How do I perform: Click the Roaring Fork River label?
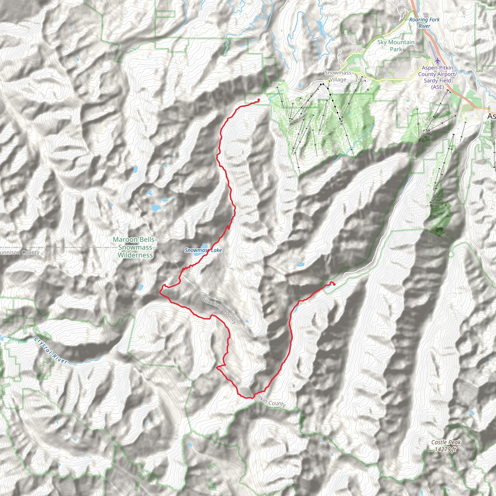coord(424,23)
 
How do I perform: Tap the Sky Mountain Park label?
coord(396,46)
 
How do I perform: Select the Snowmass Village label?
coord(338,76)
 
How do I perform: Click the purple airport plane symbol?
coord(437,61)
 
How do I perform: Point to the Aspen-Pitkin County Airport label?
coord(437,77)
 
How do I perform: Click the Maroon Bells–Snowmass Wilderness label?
coord(135,247)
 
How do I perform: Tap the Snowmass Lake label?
coord(203,250)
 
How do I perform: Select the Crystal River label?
coord(51,351)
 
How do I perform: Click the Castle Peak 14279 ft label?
coord(446,446)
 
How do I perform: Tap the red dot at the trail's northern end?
coord(258,100)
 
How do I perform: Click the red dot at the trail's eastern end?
coord(334,284)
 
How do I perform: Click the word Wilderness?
coord(135,255)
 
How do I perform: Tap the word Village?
coord(338,80)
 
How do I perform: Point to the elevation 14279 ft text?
coord(445,449)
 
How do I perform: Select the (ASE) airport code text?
coord(437,87)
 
